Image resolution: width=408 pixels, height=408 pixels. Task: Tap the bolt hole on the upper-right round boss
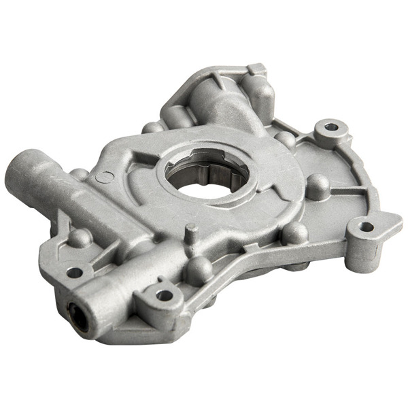[x=330, y=127]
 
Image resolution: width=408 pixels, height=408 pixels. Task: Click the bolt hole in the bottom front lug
[x=164, y=295]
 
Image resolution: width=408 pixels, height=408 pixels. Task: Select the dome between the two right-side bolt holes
[x=318, y=184]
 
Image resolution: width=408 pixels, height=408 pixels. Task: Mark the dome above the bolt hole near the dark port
[x=80, y=237]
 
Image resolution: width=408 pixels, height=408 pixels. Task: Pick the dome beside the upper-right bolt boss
[x=286, y=139]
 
